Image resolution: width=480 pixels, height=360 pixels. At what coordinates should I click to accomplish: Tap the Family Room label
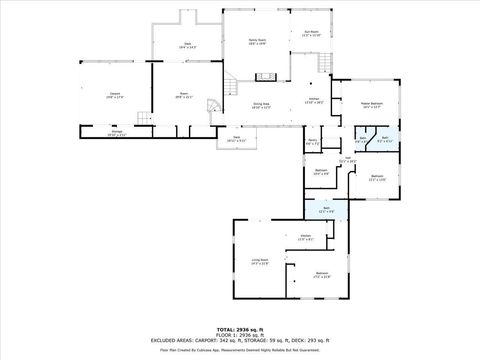click(x=256, y=42)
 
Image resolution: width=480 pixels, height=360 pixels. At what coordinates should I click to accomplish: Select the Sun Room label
click(x=311, y=34)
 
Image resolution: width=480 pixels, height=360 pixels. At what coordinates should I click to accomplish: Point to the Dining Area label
click(x=262, y=106)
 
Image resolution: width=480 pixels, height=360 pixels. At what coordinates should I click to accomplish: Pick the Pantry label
click(x=312, y=142)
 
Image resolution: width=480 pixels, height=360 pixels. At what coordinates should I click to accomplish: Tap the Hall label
click(x=348, y=159)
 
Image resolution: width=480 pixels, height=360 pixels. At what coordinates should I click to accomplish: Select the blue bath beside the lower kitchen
click(x=325, y=208)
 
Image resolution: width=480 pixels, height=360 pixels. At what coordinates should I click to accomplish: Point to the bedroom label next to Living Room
click(x=322, y=273)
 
